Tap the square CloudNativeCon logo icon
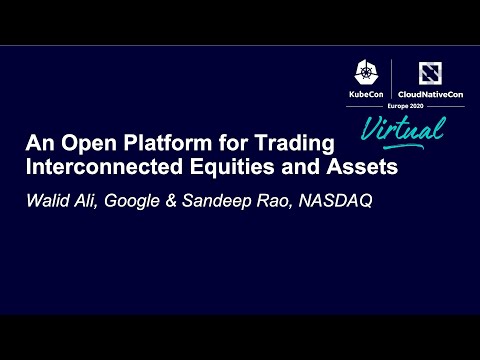tap(427, 72)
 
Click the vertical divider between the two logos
tap(391, 80)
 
